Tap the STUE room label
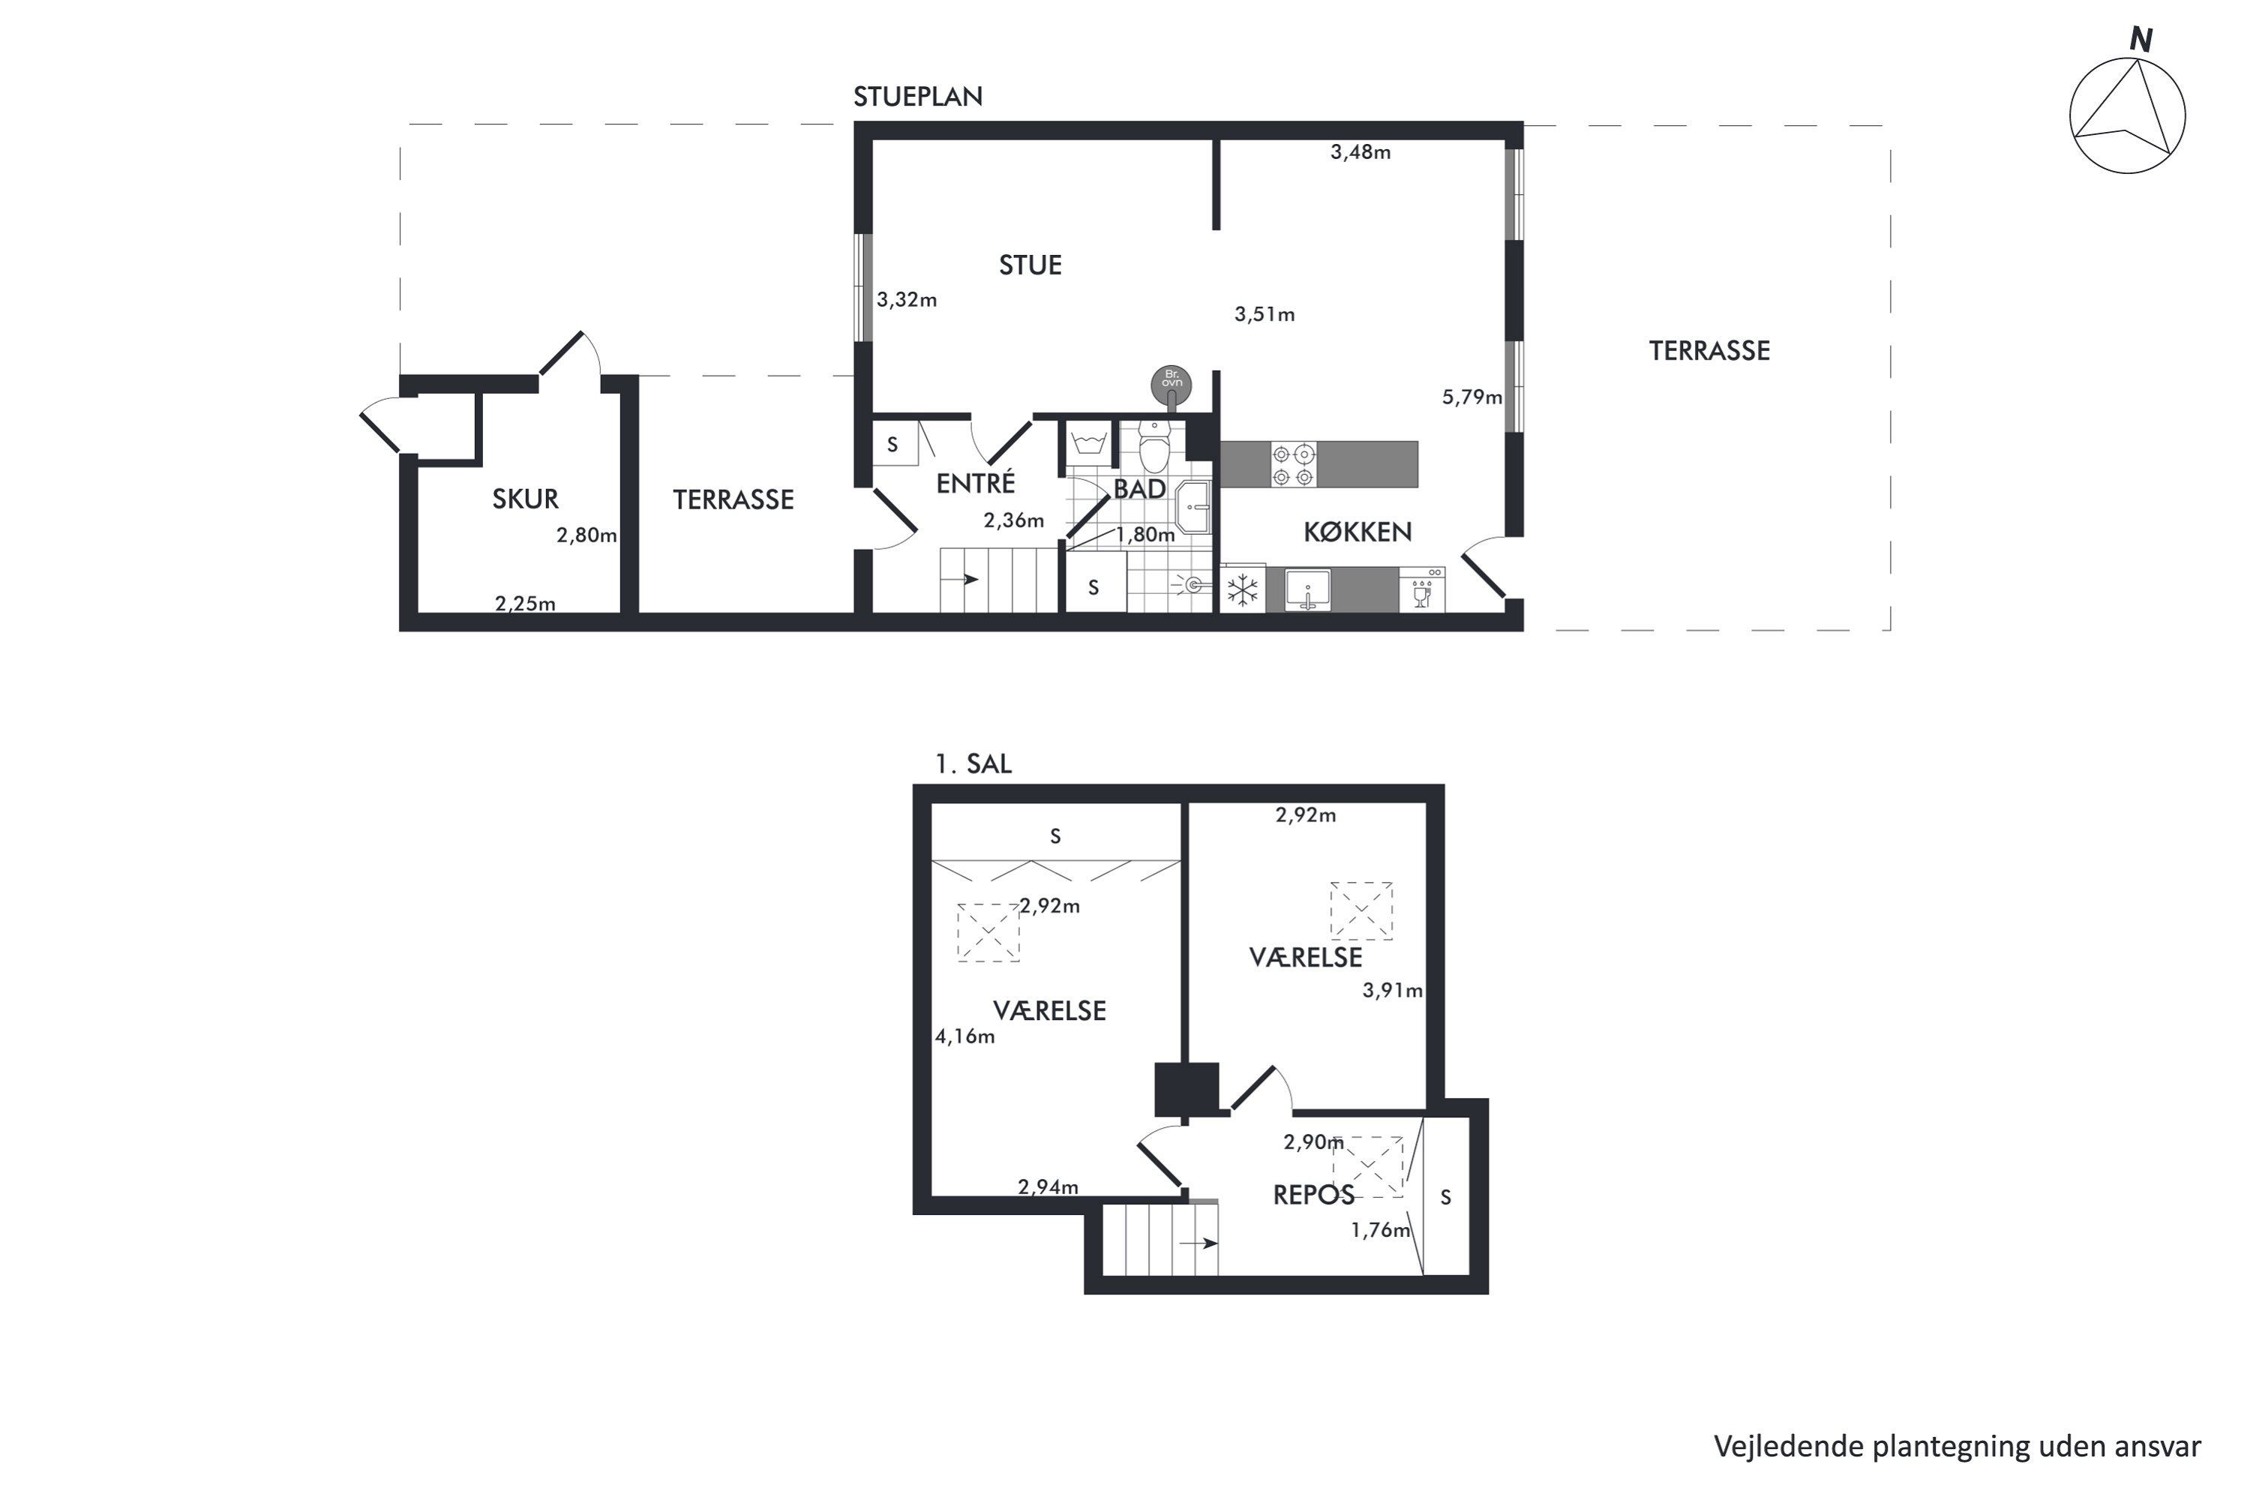pos(1030,265)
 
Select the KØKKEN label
pos(1357,532)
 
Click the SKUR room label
pos(525,499)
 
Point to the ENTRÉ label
pos(976,482)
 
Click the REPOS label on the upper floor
pos(1313,1194)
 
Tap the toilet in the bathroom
pos(1155,447)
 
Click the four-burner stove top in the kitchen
pos(1292,464)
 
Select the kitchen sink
pos(1308,589)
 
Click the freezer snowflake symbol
pos(1243,589)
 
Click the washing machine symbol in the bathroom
pos(1090,443)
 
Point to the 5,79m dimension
pos(1471,396)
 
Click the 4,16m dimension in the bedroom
pos(964,1036)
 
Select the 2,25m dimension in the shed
pos(525,604)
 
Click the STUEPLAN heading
pos(917,97)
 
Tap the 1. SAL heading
pos(973,763)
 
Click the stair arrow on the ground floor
pos(965,579)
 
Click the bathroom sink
pos(1192,506)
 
